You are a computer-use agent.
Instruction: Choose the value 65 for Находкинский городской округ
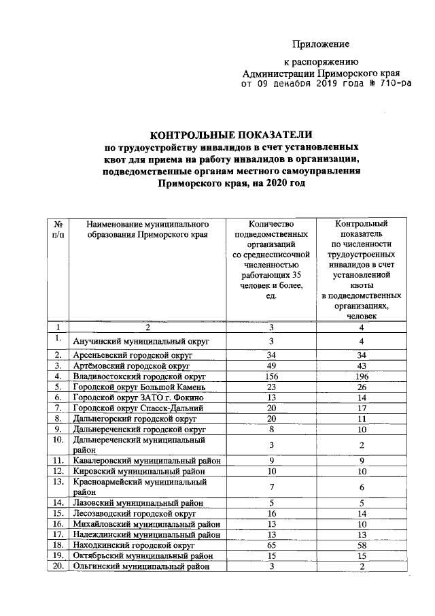[271, 545]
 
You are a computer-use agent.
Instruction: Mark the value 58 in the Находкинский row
[362, 545]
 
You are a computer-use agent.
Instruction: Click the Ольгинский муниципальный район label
[143, 567]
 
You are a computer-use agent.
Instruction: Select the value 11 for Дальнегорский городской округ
[362, 418]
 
